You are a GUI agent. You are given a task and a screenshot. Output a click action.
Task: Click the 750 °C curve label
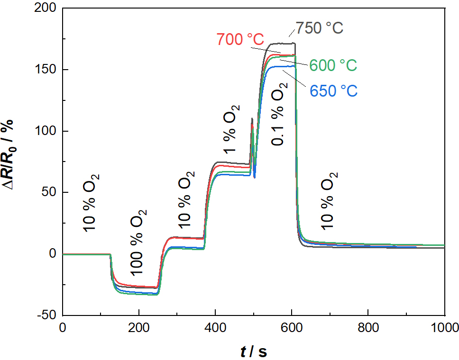tap(320, 28)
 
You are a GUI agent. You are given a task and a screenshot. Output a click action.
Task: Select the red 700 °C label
tap(240, 39)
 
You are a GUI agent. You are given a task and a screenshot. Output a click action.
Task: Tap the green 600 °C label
tap(333, 65)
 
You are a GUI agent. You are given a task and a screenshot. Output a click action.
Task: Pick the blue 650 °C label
tap(333, 90)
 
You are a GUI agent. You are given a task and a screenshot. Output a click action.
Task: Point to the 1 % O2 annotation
tap(230, 129)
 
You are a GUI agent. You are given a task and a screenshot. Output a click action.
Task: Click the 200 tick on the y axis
tap(46, 9)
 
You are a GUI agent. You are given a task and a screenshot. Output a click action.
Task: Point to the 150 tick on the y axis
tap(46, 70)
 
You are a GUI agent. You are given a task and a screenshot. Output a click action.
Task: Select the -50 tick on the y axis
tap(46, 315)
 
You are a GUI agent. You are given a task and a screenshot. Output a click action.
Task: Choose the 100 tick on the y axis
tap(46, 131)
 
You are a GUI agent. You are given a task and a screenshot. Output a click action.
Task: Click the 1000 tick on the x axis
tap(444, 327)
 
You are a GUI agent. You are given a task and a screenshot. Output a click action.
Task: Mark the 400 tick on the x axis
tap(215, 327)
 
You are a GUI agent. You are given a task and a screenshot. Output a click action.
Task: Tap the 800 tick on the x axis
tap(368, 327)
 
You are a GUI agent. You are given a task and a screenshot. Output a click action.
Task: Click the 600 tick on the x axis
tap(292, 327)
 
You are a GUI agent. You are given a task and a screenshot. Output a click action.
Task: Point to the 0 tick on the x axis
tap(63, 327)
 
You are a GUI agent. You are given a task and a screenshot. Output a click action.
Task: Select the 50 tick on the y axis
tap(49, 192)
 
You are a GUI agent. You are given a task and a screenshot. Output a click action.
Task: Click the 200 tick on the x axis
tap(139, 327)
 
